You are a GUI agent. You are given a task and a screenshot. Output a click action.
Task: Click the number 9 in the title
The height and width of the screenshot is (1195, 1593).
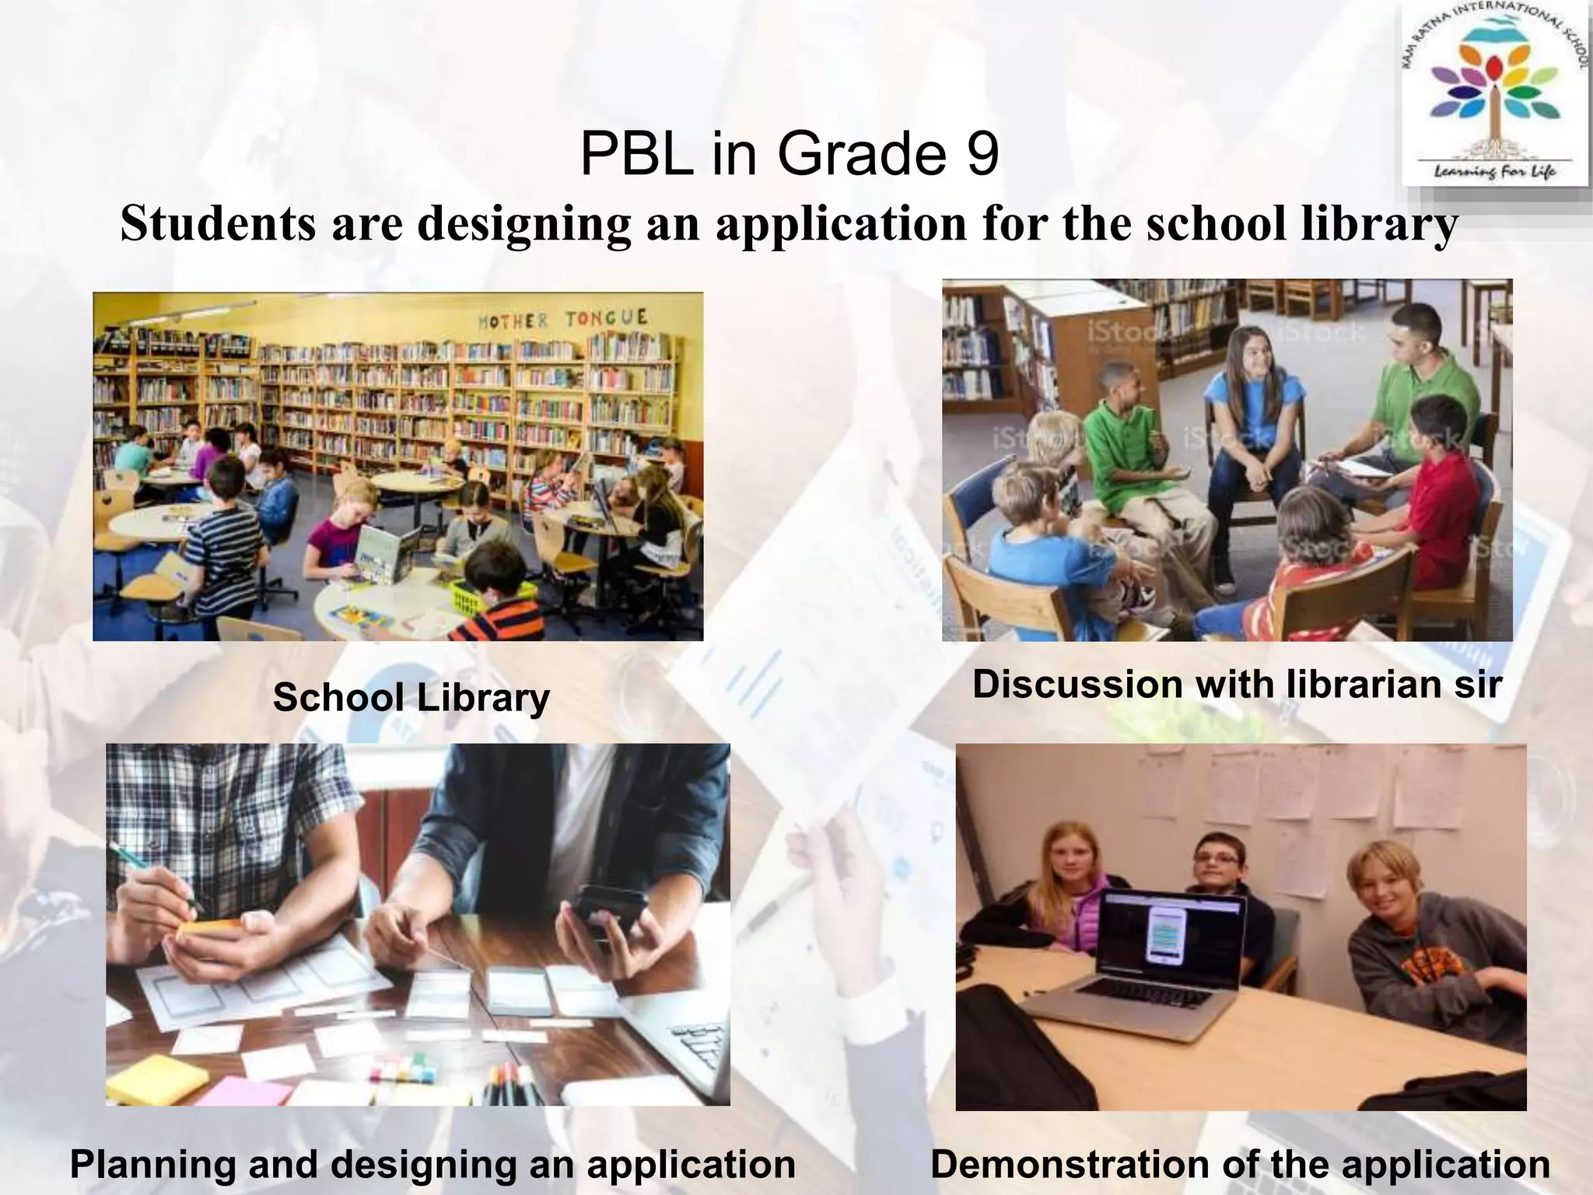point(982,154)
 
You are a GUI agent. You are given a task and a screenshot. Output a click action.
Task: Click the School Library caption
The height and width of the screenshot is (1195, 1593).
point(411,697)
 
